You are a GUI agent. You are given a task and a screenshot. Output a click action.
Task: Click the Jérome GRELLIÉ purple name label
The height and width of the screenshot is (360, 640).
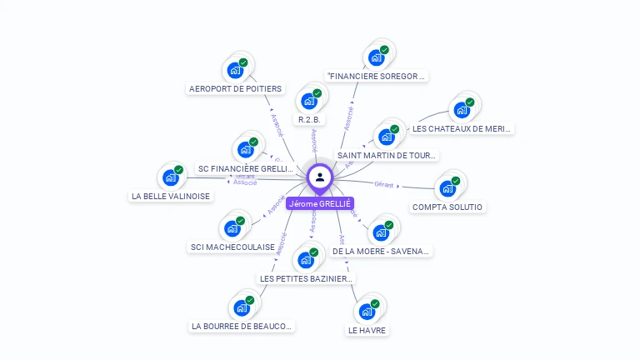coord(320,203)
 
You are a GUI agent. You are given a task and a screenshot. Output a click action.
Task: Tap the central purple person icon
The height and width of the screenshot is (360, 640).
coord(320,177)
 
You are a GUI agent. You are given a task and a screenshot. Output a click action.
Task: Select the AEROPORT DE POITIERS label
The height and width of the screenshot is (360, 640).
coord(236,88)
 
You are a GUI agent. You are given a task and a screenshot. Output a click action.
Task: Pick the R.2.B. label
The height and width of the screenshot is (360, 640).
coord(310,119)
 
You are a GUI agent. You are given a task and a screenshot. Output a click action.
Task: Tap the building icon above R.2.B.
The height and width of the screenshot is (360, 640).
coord(309,101)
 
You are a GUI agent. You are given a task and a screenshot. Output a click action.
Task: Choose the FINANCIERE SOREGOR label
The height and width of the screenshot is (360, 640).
coord(377,76)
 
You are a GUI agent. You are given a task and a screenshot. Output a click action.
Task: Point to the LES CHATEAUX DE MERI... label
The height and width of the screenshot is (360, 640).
coord(462,128)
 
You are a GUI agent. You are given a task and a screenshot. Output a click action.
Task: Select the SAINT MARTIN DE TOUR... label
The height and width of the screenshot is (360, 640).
coord(387,155)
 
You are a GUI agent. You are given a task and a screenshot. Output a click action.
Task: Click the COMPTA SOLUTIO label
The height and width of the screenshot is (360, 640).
coord(447,207)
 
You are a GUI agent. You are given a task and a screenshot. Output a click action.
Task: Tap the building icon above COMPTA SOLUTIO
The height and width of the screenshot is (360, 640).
coord(447,187)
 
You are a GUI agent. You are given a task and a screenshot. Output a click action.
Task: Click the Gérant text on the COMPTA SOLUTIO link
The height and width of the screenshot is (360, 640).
coord(383,184)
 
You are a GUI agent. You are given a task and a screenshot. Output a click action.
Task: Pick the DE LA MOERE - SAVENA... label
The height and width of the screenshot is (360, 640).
coord(382,251)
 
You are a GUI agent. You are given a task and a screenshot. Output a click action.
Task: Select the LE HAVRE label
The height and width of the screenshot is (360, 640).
coord(367,330)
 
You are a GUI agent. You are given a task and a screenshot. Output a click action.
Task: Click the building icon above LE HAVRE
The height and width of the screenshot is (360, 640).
coord(367,312)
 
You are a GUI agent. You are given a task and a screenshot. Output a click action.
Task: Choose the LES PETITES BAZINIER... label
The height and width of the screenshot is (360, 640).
coord(307,278)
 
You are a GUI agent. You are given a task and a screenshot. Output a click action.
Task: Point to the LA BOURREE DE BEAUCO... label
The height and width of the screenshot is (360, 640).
coord(242,326)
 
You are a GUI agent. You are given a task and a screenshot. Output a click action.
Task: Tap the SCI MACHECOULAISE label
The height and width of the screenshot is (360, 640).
coord(232,247)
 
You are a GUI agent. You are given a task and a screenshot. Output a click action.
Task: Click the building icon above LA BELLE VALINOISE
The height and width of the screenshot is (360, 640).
coord(171,177)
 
